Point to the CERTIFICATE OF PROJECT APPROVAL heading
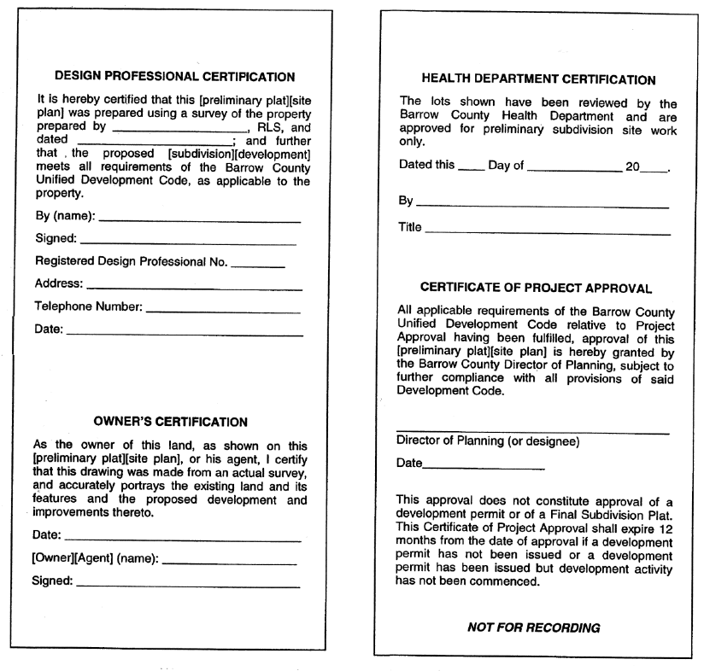click(536, 288)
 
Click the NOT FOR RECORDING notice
click(534, 627)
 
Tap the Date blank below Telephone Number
click(183, 334)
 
